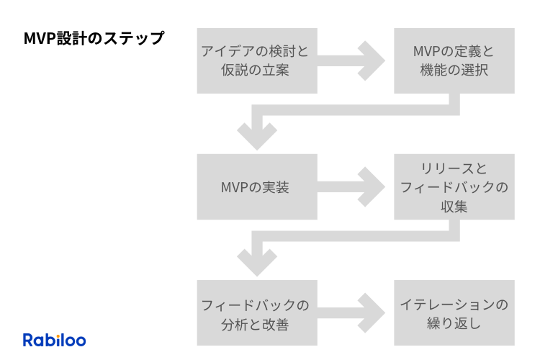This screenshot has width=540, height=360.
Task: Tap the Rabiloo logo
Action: (x=54, y=340)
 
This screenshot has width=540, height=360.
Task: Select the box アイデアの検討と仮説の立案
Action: (x=256, y=60)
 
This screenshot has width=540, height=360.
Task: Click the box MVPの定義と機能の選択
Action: (x=454, y=60)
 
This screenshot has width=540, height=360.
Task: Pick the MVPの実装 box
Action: (x=256, y=187)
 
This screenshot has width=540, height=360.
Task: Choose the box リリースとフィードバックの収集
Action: (x=454, y=187)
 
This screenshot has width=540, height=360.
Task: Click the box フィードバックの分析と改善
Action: (x=256, y=314)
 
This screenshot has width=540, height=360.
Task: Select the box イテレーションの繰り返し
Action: (x=454, y=314)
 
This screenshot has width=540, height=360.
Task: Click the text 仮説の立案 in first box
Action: (x=256, y=71)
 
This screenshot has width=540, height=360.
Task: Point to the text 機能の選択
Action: (x=454, y=71)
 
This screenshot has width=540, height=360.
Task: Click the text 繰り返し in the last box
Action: (x=454, y=324)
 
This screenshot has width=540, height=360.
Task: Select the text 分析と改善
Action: (x=256, y=324)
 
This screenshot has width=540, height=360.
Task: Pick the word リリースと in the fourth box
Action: (x=454, y=168)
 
